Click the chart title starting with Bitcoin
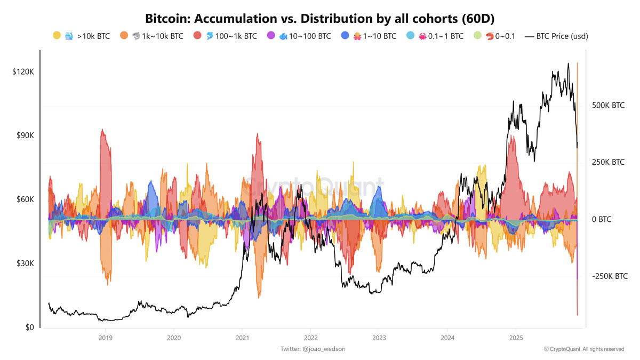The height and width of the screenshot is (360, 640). click(x=319, y=18)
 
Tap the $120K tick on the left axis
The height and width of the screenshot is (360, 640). click(x=23, y=71)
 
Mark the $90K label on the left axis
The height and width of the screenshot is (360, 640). click(x=25, y=135)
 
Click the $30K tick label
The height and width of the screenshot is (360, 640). click(x=25, y=263)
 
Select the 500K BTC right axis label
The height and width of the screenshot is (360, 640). click(x=608, y=106)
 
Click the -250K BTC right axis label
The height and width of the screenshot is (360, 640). click(x=610, y=276)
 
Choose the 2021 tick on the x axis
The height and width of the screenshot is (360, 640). click(x=242, y=338)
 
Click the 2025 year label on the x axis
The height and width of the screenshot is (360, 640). click(x=516, y=338)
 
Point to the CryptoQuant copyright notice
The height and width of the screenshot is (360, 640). click(x=584, y=349)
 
